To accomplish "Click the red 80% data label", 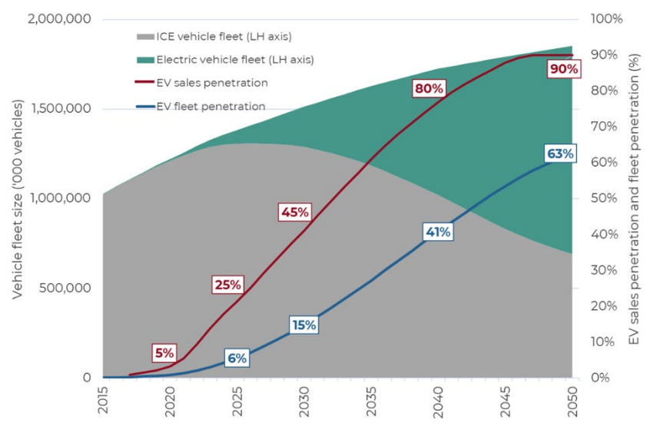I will click(429, 88).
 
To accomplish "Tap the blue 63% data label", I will click(560, 153).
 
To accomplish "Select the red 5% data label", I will click(164, 353).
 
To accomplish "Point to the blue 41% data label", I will click(438, 232).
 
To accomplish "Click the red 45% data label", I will click(295, 212).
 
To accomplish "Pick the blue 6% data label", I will click(237, 358).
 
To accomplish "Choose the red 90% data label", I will click(563, 69).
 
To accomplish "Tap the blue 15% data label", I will click(304, 325).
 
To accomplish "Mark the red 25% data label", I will click(227, 285).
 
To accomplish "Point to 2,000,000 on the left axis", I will click(59, 18).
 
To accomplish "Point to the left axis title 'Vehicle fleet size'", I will click(17, 197).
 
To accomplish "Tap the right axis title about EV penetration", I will click(634, 197).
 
